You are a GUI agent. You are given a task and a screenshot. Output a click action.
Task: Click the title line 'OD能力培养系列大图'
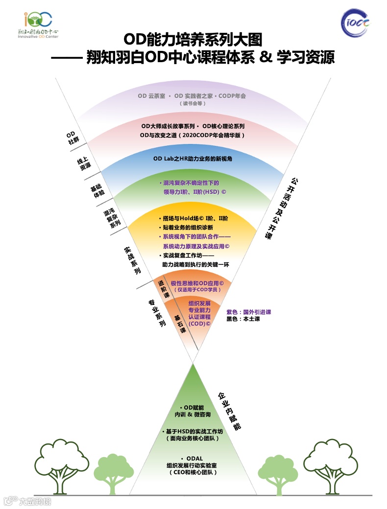193,39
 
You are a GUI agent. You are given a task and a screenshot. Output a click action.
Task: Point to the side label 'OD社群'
72,138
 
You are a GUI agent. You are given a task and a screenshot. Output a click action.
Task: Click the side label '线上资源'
84,164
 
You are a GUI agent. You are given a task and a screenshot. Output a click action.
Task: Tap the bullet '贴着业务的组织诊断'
188,228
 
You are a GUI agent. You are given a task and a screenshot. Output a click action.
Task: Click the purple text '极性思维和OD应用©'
197,283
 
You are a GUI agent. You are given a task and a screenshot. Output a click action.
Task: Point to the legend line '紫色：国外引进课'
248,312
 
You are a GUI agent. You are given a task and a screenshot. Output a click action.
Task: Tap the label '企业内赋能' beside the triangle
229,410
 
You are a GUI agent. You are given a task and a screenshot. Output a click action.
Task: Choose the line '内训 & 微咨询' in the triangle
193,415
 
